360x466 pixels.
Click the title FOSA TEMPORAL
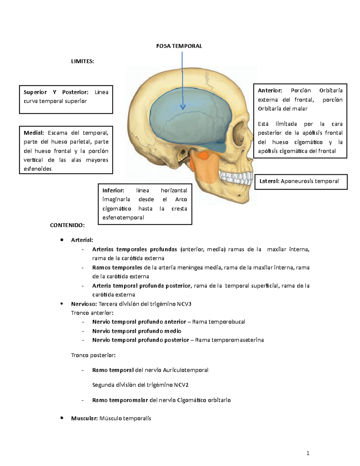pos(179,46)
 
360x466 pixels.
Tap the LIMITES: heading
pos(82,61)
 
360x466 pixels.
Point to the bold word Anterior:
pos(270,90)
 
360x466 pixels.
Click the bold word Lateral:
pos(269,181)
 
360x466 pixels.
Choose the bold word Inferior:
pos(113,190)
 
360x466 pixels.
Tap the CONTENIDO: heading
pos(67,225)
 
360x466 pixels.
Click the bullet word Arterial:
pos(82,240)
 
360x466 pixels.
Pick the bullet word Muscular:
pos(84,418)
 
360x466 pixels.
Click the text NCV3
pos(184,304)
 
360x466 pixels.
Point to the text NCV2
pos(181,385)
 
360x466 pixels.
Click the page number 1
pos(308,453)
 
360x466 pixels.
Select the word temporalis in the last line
pos(137,418)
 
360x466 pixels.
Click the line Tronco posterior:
pos(93,355)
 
